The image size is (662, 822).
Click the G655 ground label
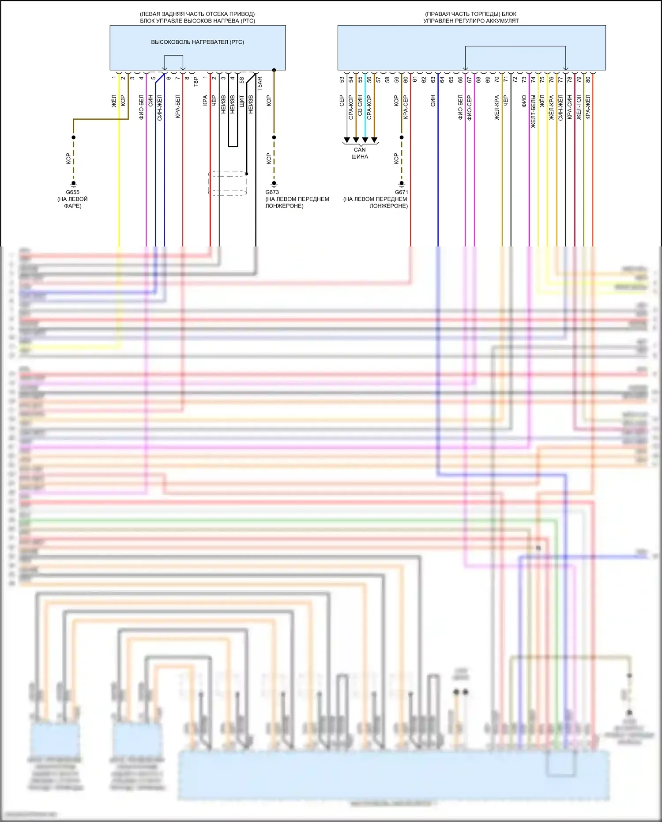click(x=73, y=192)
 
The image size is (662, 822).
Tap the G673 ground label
click(x=272, y=192)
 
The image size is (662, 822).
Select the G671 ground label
click(x=401, y=192)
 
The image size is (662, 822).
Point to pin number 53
click(x=342, y=80)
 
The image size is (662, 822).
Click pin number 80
click(x=588, y=80)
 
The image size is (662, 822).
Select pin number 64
click(x=442, y=80)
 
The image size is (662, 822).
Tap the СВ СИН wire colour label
click(x=360, y=106)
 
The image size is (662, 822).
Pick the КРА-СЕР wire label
click(x=406, y=107)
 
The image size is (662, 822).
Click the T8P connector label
click(x=196, y=81)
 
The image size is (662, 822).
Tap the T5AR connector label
click(x=260, y=83)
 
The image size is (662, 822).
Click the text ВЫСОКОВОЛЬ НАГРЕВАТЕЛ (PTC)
click(x=197, y=42)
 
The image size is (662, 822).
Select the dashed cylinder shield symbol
click(x=228, y=183)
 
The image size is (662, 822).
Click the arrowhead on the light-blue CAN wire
click(x=365, y=140)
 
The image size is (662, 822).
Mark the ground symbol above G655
click(x=74, y=184)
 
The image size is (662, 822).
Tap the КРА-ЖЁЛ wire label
click(x=588, y=107)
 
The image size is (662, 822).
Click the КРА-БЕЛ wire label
click(x=178, y=106)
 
